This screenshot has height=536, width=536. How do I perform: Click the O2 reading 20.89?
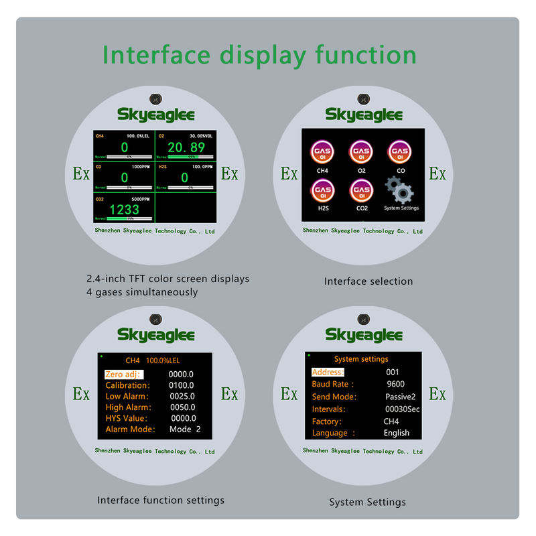click(x=186, y=148)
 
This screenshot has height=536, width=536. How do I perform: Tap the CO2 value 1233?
click(x=125, y=209)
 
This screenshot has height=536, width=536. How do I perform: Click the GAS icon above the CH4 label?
click(x=322, y=152)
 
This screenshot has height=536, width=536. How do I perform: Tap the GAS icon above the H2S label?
click(x=322, y=191)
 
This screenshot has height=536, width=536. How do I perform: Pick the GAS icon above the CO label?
click(x=401, y=152)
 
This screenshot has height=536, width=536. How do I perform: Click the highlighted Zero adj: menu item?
click(x=124, y=374)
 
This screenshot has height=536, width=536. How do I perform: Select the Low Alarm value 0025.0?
click(x=182, y=396)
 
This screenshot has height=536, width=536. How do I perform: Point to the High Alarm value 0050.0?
click(x=182, y=407)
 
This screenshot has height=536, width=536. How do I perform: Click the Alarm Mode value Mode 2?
click(x=185, y=429)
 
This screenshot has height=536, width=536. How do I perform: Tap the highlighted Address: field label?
click(x=328, y=372)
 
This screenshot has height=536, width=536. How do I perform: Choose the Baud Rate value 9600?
click(x=395, y=385)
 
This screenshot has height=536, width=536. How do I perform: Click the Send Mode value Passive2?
click(x=401, y=397)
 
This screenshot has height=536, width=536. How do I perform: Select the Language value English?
click(x=396, y=433)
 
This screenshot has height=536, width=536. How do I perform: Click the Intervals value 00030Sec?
click(x=403, y=409)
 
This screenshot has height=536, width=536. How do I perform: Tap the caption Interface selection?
click(x=368, y=281)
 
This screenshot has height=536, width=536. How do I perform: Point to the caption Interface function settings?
click(x=161, y=500)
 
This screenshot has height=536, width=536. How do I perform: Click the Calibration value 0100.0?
click(x=182, y=385)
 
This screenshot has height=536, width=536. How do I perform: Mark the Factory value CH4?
click(x=391, y=421)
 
